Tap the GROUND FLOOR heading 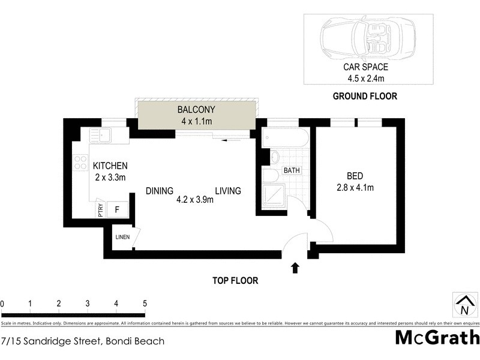pyautogui.click(x=365, y=96)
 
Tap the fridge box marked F pyautogui.click(x=117, y=209)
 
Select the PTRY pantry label pyautogui.click(x=100, y=209)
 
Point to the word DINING pyautogui.click(x=160, y=191)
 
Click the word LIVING pyautogui.click(x=228, y=191)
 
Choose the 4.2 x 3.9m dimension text pyautogui.click(x=194, y=200)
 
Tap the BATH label pyautogui.click(x=292, y=170)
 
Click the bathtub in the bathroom pyautogui.click(x=286, y=140)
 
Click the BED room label pyautogui.click(x=355, y=176)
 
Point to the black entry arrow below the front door pyautogui.click(x=295, y=268)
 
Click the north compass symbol pyautogui.click(x=464, y=305)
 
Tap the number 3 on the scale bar pyautogui.click(x=88, y=304)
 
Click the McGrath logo pyautogui.click(x=437, y=337)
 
